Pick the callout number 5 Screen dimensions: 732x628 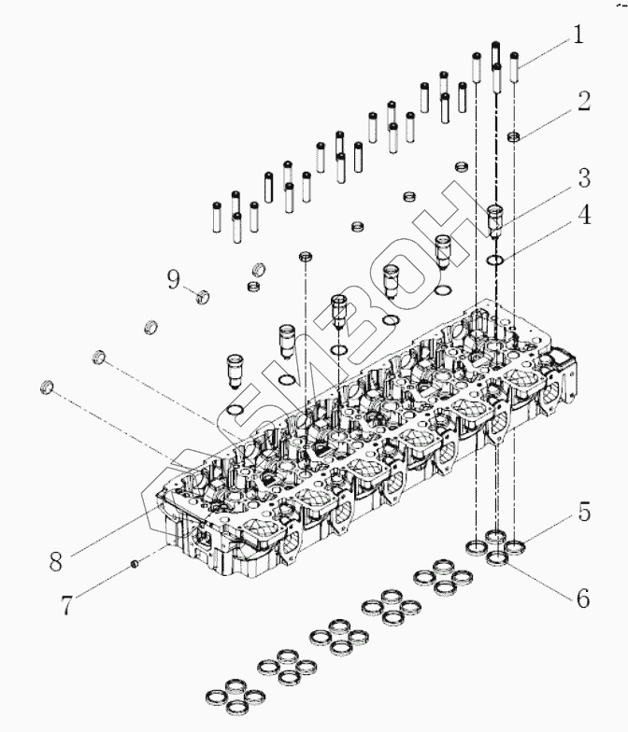582,511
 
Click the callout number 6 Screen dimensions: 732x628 582,598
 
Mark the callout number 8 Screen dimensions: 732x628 56,562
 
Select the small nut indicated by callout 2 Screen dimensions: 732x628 513,138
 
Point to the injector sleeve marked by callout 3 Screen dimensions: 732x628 497,220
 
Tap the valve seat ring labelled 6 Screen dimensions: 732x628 499,557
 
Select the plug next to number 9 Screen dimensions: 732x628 201,298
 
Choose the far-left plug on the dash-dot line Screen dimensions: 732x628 48,386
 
